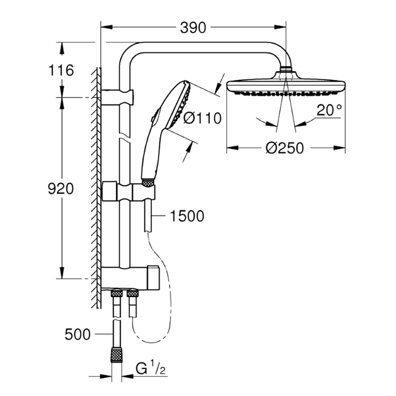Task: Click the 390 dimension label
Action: point(193,28)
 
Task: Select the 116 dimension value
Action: point(61,70)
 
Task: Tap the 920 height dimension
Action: point(60,189)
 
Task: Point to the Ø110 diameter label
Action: point(202,118)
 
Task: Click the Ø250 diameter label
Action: point(285,148)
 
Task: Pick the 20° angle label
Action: point(329,110)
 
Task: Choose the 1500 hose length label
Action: point(187,216)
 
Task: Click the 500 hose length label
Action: point(78,335)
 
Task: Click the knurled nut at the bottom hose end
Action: point(117,355)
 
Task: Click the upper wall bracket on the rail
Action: point(117,97)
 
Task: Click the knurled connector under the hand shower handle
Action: point(148,183)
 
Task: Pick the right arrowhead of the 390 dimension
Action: point(280,27)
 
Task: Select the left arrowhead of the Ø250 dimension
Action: point(232,148)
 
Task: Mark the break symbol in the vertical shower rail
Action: point(125,137)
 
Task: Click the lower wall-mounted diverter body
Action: point(130,278)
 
